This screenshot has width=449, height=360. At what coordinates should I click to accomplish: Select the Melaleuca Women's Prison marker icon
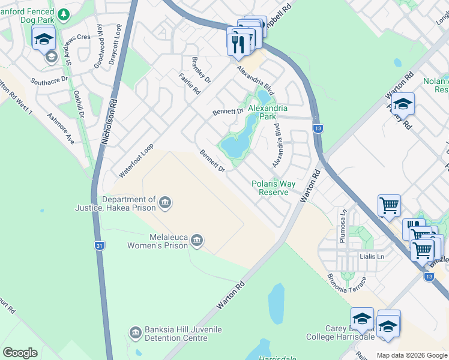(x=197, y=241)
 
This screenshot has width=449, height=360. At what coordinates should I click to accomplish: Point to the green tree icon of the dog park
(x=61, y=12)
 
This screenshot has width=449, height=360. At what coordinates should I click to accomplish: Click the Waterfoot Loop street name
(x=136, y=160)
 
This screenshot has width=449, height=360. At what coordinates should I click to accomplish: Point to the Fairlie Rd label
(x=189, y=84)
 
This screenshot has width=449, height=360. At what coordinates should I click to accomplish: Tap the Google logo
(x=20, y=353)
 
